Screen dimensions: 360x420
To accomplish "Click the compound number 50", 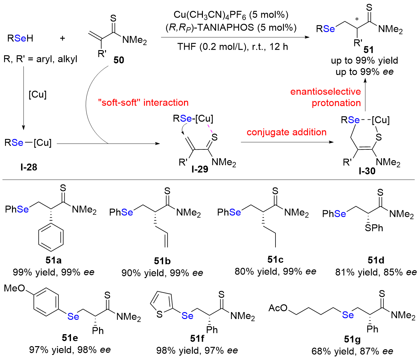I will point(119,60).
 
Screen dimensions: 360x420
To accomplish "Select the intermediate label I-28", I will point(29,167).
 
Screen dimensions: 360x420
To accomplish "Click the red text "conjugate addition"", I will point(287,132).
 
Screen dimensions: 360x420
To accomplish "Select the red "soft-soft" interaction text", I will point(143,103).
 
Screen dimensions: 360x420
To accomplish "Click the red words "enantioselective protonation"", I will point(325,97).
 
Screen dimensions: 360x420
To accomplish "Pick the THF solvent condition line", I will point(233,47).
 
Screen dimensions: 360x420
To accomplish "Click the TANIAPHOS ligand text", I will point(231,28).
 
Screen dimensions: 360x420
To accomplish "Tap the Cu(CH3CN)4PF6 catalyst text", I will point(231,15).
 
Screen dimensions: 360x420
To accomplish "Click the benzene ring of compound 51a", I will point(51,237).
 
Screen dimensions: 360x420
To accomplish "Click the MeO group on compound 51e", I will point(15,288).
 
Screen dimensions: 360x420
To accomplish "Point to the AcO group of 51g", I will point(278,308).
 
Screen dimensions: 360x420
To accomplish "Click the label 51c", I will point(275,259).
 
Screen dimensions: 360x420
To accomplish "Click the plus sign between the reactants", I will point(62,38).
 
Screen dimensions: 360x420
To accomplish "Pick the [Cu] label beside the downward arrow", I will point(38,95).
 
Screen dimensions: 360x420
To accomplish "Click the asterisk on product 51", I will point(357,20).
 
